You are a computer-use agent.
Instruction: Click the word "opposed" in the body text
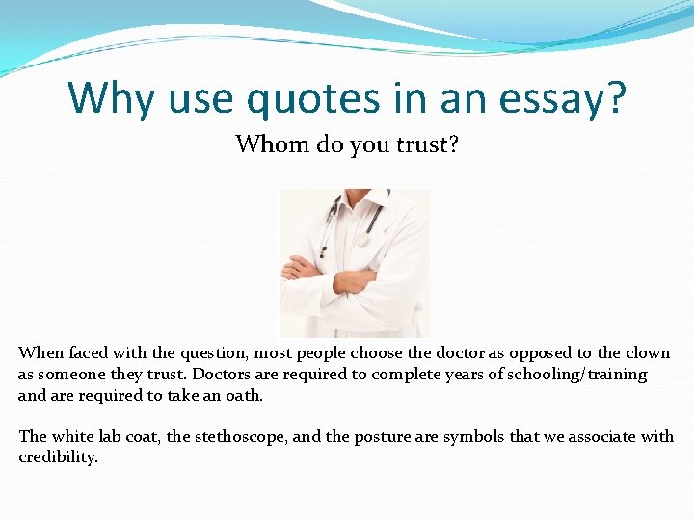pos(531,352)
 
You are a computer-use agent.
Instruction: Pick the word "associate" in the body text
pos(600,436)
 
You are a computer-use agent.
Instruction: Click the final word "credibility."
pos(58,457)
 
